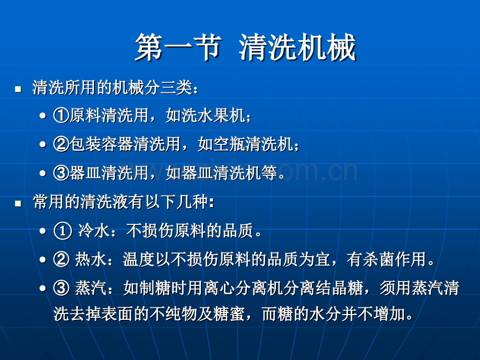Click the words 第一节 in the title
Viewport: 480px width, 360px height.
tap(176, 48)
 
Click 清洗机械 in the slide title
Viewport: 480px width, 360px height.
tap(297, 48)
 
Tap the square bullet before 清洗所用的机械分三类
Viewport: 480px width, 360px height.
tap(19, 89)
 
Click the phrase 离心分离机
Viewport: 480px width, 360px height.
tap(254, 288)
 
